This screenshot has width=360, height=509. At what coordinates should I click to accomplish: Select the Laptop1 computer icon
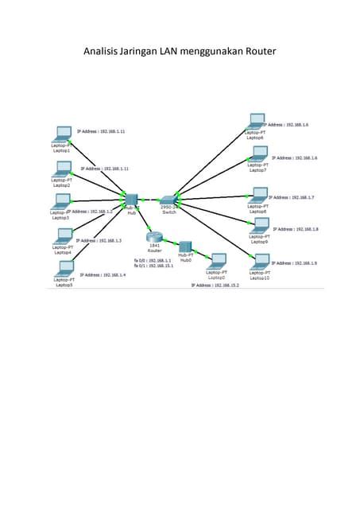click(x=60, y=134)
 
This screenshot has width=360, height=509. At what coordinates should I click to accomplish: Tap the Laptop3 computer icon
click(x=60, y=201)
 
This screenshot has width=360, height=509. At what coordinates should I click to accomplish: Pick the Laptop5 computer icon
click(x=65, y=269)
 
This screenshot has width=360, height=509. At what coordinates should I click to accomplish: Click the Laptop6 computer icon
click(x=256, y=121)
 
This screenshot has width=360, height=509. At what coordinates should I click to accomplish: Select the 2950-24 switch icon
click(x=168, y=200)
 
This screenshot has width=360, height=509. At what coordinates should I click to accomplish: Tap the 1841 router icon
click(x=155, y=236)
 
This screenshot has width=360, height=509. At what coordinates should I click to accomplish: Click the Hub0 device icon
click(x=186, y=247)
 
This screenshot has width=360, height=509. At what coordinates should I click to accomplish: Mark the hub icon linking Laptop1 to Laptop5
click(x=131, y=198)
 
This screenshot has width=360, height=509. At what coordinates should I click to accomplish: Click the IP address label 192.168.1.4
click(x=103, y=274)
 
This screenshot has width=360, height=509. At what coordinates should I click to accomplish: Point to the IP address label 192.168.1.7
click(x=292, y=197)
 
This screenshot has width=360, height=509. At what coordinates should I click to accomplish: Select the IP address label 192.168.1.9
click(x=295, y=263)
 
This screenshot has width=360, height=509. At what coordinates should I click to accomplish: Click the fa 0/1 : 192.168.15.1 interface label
click(x=153, y=266)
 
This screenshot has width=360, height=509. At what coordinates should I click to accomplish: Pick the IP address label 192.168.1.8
click(x=296, y=229)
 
